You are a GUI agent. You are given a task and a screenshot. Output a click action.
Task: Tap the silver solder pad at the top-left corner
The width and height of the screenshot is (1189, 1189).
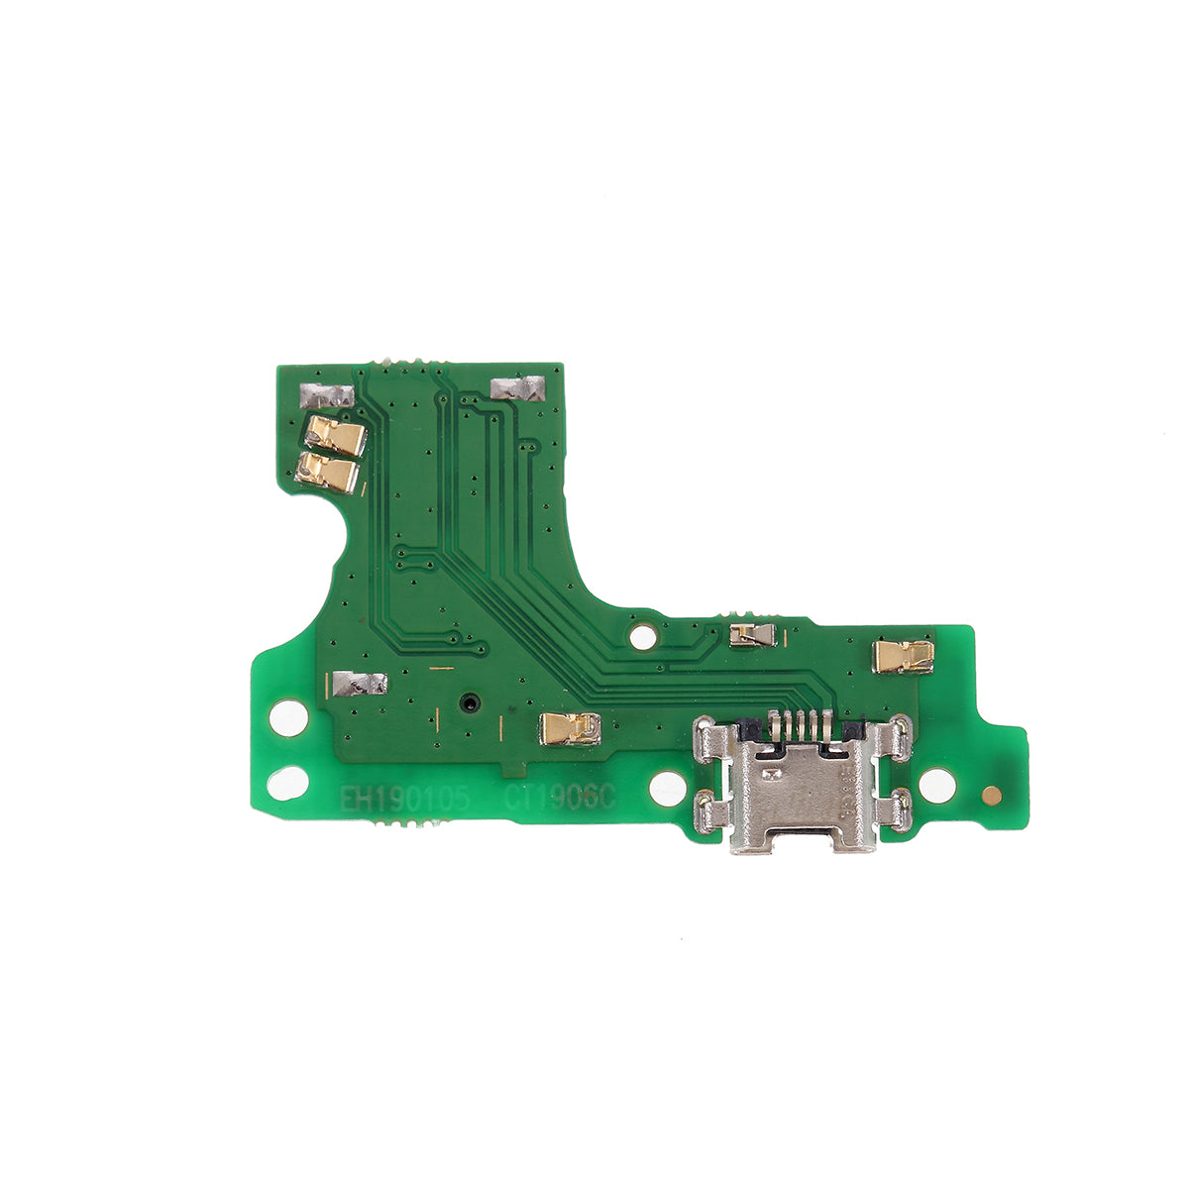(x=325, y=396)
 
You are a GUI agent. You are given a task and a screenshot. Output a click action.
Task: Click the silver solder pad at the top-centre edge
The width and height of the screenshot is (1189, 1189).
(x=518, y=387)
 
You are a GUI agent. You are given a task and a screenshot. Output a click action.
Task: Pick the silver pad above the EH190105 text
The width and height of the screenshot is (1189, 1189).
(x=359, y=683)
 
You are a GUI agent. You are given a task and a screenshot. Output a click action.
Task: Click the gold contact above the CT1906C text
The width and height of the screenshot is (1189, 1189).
(x=570, y=728)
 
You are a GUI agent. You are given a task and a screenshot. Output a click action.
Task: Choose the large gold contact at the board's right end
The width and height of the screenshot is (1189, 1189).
(x=904, y=655)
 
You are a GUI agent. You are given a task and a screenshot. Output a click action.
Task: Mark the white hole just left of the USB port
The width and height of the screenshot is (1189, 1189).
(x=667, y=788)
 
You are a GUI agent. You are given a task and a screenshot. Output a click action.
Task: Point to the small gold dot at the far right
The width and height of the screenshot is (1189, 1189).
(x=989, y=794)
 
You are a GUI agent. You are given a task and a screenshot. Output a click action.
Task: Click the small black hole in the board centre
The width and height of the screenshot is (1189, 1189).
(x=468, y=704)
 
